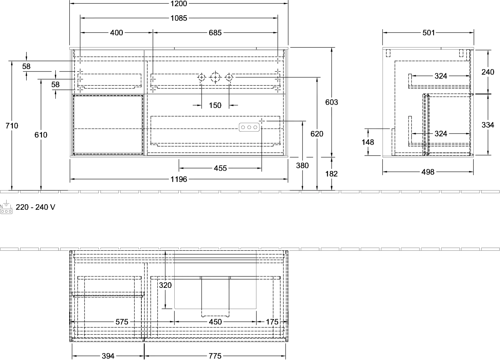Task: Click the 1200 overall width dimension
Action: pyautogui.click(x=178, y=3)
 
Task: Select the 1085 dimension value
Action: pyautogui.click(x=178, y=18)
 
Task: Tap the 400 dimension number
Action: pyautogui.click(x=116, y=33)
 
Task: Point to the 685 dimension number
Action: pyautogui.click(x=215, y=33)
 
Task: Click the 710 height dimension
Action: pyautogui.click(x=11, y=126)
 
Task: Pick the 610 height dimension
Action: pyautogui.click(x=41, y=135)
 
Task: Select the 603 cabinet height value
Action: pyautogui.click(x=332, y=102)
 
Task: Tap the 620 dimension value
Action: pyautogui.click(x=317, y=134)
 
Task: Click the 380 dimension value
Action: pyautogui.click(x=302, y=165)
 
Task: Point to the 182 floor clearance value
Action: pyautogui.click(x=331, y=174)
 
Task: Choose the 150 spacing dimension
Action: pyautogui.click(x=215, y=105)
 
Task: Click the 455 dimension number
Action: pyautogui.click(x=220, y=168)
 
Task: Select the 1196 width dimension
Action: pyautogui.click(x=178, y=179)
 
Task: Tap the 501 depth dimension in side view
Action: pyautogui.click(x=429, y=33)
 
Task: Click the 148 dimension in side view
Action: pyautogui.click(x=368, y=142)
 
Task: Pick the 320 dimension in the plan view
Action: pyautogui.click(x=165, y=285)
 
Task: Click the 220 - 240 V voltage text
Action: pyautogui.click(x=35, y=207)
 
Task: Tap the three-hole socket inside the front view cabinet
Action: pyautogui.click(x=249, y=127)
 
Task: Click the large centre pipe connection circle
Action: pyautogui.click(x=215, y=78)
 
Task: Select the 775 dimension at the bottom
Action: pyautogui.click(x=215, y=356)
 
